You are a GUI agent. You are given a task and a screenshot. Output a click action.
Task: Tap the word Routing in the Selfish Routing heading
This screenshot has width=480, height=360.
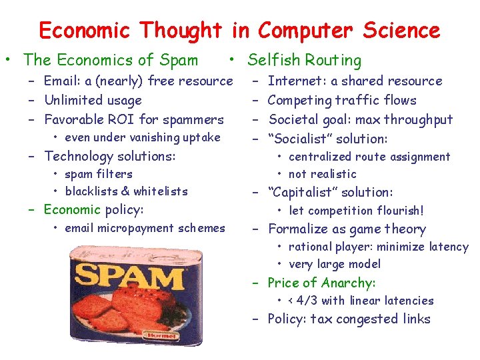click(x=333, y=61)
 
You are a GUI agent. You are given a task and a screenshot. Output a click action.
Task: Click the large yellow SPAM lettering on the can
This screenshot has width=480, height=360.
click(x=131, y=275)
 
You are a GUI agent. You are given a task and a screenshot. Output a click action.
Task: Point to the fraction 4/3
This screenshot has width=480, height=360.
click(x=308, y=301)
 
